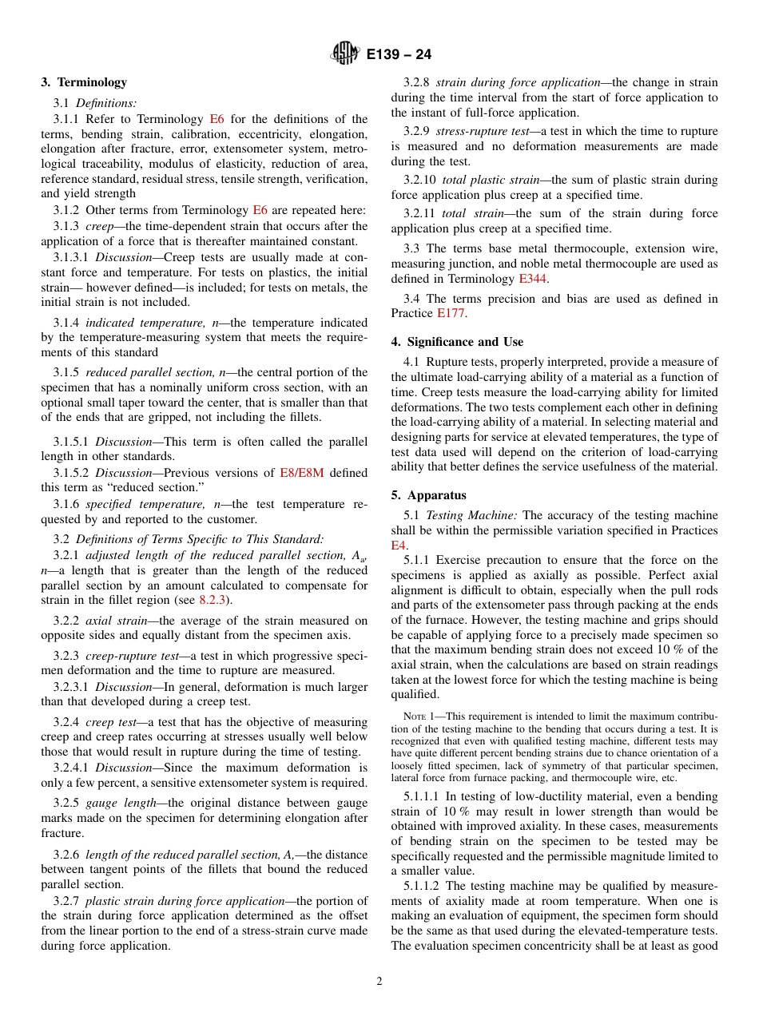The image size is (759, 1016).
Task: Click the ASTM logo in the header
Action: [345, 54]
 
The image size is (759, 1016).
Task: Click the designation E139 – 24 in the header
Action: [399, 54]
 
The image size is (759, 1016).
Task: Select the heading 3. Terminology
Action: [84, 82]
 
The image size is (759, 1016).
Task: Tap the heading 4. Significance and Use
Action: [457, 342]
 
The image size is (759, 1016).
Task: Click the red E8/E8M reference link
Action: [301, 472]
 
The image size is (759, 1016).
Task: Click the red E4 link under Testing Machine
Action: [399, 545]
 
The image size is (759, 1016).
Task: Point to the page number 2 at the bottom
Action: [379, 982]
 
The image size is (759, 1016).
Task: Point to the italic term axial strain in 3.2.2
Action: [116, 621]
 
